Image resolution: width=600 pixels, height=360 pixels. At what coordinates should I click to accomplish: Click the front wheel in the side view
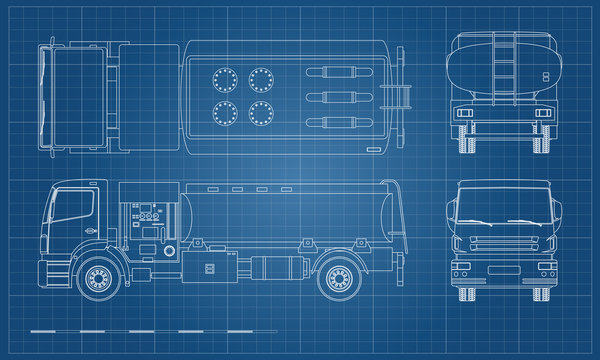click(x=98, y=277)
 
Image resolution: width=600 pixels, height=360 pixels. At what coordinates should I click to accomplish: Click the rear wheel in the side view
click(x=337, y=277)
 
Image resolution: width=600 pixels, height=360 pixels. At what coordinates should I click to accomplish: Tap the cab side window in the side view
click(x=74, y=207)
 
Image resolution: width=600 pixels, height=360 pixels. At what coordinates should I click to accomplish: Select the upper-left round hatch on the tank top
click(x=225, y=78)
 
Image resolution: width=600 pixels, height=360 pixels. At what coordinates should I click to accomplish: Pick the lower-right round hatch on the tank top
click(x=261, y=112)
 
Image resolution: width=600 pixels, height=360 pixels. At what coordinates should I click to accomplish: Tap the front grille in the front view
click(x=504, y=246)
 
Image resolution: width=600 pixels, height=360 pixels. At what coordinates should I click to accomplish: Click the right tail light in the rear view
click(x=543, y=113)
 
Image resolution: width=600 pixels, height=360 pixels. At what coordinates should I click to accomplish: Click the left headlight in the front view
click(x=463, y=265)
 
